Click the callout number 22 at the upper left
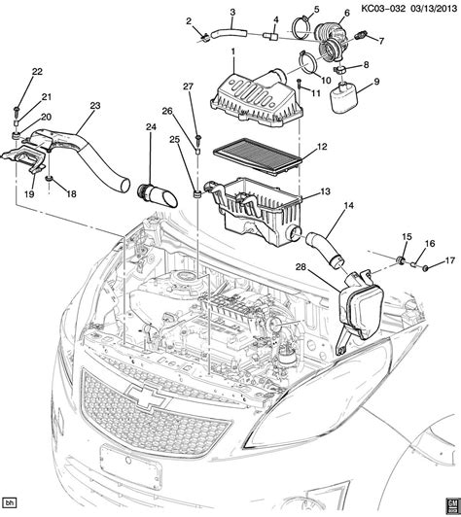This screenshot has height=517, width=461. [x=37, y=72]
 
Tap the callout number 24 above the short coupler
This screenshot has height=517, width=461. [x=151, y=126]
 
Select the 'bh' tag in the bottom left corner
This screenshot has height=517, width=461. [x=12, y=502]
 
